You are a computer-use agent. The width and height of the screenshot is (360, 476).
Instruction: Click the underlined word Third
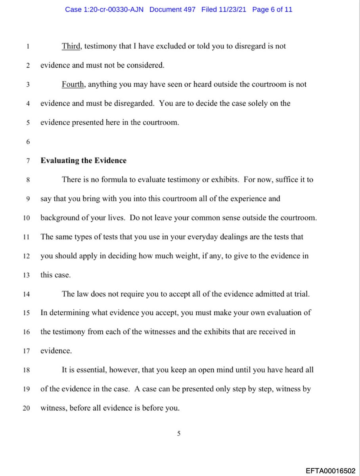pyautogui.click(x=71, y=46)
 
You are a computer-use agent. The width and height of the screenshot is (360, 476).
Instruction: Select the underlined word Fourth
pyautogui.click(x=73, y=84)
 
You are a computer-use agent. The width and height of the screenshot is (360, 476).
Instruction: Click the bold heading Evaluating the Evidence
pyautogui.click(x=83, y=161)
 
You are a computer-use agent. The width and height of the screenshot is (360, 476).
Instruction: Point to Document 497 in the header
pyautogui.click(x=172, y=9)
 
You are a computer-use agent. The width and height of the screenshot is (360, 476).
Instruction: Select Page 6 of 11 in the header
pyautogui.click(x=272, y=9)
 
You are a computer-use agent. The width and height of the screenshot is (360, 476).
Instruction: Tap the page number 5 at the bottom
pyautogui.click(x=178, y=434)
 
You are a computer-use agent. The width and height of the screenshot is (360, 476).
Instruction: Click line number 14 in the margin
pyautogui.click(x=28, y=294)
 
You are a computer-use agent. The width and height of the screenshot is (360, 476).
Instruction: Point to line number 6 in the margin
pyautogui.click(x=28, y=142)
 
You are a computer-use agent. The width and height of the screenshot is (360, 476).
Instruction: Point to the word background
pyautogui.click(x=59, y=218)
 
